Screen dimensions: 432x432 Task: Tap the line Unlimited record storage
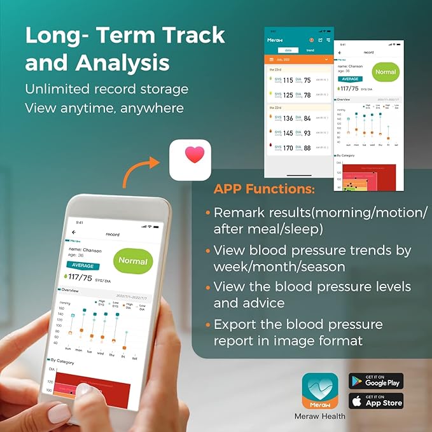coord(106,88)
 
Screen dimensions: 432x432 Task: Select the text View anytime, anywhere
coord(104,107)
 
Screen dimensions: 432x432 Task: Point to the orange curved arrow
coord(140,173)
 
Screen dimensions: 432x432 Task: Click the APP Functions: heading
coord(263,189)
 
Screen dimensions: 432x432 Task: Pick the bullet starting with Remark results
coord(320,220)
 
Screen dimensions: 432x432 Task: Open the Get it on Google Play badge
coord(376,380)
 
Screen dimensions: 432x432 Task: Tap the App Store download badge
coord(376,401)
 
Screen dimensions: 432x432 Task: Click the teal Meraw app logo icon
coord(319,391)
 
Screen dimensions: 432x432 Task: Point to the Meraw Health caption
coord(320,416)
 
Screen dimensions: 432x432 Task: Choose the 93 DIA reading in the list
coord(307,133)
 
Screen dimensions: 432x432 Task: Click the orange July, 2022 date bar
coord(299,59)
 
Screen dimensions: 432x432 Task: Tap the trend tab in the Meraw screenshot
coord(310,49)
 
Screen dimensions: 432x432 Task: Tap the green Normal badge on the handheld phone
coord(133,261)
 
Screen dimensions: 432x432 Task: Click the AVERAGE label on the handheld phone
coord(83,265)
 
